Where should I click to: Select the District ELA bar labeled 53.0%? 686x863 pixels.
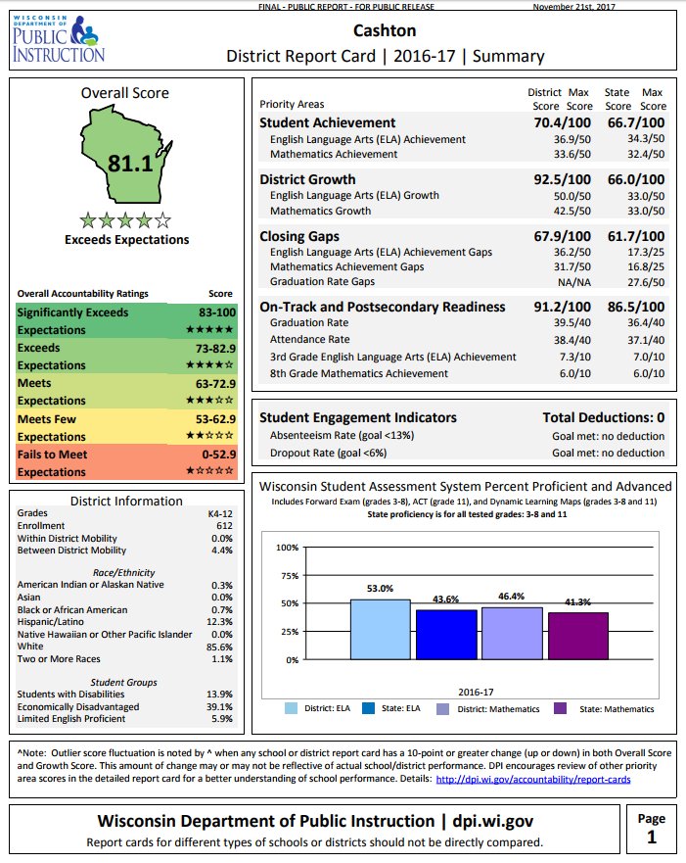[380, 629]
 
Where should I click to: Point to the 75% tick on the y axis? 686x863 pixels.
[289, 575]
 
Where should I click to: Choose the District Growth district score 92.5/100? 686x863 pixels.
[559, 179]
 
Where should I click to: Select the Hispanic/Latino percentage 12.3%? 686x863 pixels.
[222, 622]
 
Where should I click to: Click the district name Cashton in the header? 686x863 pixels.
[386, 31]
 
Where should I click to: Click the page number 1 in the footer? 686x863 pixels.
[651, 837]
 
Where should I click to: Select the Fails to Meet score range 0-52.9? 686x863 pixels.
[213, 455]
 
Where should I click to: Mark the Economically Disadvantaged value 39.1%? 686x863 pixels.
[220, 706]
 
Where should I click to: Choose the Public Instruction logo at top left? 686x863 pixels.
[58, 37]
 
